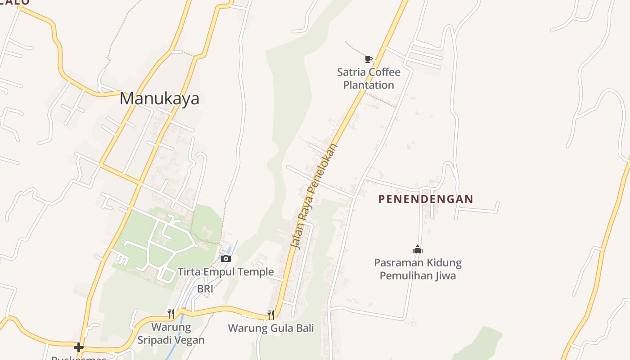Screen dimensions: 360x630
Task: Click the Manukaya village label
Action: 159,99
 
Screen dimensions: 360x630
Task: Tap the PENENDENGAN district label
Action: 426,199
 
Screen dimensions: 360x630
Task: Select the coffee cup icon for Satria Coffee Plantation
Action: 369,58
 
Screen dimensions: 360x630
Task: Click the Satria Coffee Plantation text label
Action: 369,78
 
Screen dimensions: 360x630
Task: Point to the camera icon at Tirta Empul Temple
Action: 226,258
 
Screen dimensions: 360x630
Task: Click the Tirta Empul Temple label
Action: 225,272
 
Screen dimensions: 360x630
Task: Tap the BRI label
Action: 205,289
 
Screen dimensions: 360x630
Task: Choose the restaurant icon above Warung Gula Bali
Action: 271,315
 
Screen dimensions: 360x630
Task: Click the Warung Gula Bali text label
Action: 271,328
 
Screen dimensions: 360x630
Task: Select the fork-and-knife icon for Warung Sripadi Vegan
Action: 171,313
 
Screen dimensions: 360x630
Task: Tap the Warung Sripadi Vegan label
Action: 171,333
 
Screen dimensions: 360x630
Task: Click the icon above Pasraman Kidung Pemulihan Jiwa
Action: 418,249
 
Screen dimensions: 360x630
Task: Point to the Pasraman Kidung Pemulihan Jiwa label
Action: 418,269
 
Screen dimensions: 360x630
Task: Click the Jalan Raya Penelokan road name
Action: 314,196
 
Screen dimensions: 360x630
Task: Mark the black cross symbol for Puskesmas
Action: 79,347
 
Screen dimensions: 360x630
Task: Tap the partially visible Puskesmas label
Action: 79,358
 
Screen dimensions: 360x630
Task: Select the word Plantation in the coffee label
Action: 369,85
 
